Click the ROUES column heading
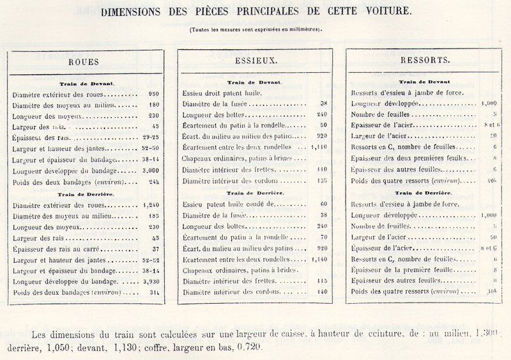(x=83, y=62)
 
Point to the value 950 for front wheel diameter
(x=153, y=94)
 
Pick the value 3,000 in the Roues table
(x=151, y=171)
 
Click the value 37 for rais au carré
(x=154, y=249)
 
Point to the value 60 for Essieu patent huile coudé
(x=323, y=204)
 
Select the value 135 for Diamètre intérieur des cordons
(x=323, y=181)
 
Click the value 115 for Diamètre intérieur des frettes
(x=323, y=281)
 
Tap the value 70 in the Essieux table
(x=323, y=237)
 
